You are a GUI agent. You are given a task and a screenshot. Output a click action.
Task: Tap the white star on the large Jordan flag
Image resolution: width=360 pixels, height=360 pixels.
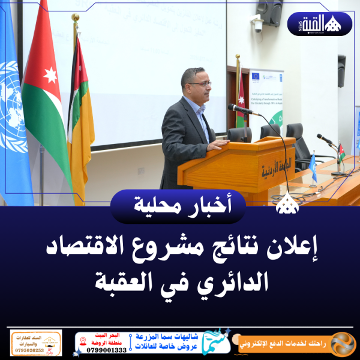50,75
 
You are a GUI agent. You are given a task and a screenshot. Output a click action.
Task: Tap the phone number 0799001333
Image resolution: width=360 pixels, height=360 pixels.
107,349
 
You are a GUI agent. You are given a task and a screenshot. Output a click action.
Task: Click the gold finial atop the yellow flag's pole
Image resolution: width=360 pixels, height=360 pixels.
75,19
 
